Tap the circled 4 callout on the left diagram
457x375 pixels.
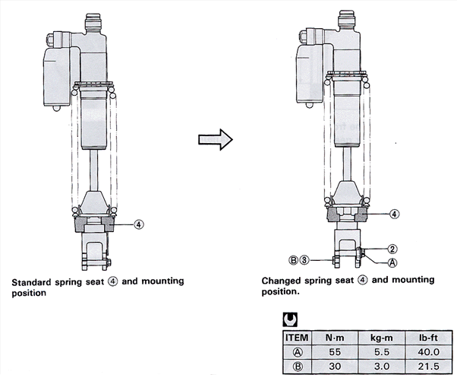tap(138, 224)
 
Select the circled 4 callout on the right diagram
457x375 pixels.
tap(394, 214)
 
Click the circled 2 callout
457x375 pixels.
tap(392, 249)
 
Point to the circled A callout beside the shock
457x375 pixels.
tap(392, 262)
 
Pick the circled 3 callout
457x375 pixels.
tap(304, 259)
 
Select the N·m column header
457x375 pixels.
tap(335, 335)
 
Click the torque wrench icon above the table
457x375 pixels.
tap(288, 319)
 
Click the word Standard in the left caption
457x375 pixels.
tap(33, 281)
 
